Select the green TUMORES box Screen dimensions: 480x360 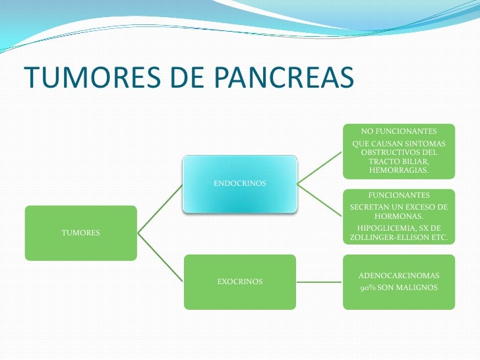tap(80, 233)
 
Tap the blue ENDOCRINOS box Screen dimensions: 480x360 tap(239, 184)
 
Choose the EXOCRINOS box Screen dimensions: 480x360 tap(239, 282)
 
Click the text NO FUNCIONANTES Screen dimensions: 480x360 tap(399, 132)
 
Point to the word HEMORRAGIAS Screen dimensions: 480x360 tap(399, 170)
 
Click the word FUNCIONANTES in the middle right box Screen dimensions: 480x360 tap(399, 196)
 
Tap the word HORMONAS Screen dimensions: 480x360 tap(399, 216)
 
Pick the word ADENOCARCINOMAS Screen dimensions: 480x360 tap(399, 274)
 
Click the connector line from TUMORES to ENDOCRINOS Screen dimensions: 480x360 tap(160, 208)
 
